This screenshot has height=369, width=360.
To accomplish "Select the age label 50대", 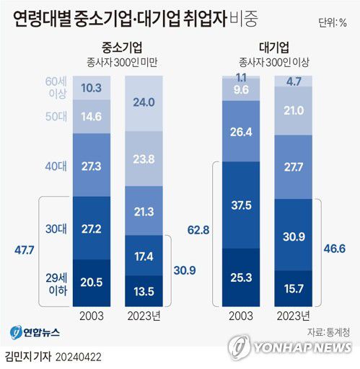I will coord(56,115).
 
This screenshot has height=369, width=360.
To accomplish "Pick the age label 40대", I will coord(56,165).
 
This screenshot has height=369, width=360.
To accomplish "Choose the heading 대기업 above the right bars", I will coord(266,48).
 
